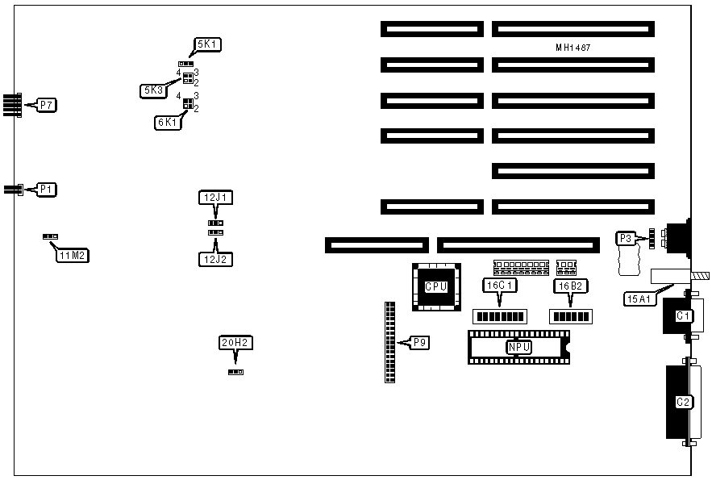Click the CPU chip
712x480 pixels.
point(435,286)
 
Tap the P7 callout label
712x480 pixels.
point(47,105)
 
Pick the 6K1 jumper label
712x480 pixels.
point(167,123)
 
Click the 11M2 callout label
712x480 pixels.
point(73,256)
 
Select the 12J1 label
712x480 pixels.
point(214,197)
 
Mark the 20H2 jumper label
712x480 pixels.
point(235,343)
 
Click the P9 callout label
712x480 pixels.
point(419,343)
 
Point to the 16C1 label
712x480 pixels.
point(500,285)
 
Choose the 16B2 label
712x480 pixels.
point(569,285)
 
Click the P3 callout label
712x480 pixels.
point(627,238)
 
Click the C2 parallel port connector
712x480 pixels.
point(682,402)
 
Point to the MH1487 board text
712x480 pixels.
point(573,48)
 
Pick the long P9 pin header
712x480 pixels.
point(390,342)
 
